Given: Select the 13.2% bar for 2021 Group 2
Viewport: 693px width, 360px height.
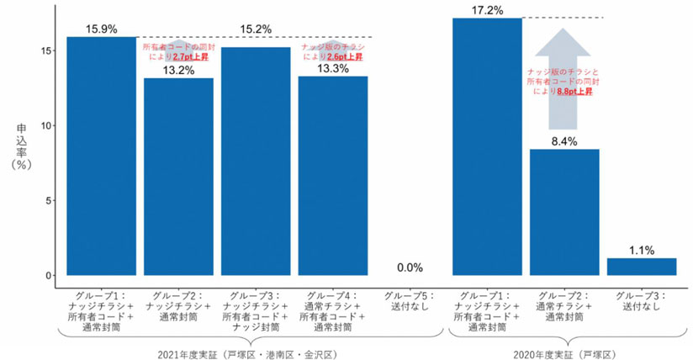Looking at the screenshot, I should [x=178, y=177].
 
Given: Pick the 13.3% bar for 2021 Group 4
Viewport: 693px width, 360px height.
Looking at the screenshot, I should [x=332, y=176].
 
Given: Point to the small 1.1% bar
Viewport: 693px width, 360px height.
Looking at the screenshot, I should [x=641, y=267].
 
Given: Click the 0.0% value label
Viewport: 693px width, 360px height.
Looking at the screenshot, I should [x=409, y=267].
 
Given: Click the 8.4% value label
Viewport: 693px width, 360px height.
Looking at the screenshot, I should [x=563, y=141].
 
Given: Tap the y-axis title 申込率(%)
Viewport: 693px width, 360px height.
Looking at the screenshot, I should [x=21, y=146].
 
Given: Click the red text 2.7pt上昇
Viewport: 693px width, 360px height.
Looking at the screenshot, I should [x=190, y=56].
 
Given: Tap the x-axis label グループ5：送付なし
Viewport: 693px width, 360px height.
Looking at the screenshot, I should [x=409, y=301].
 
